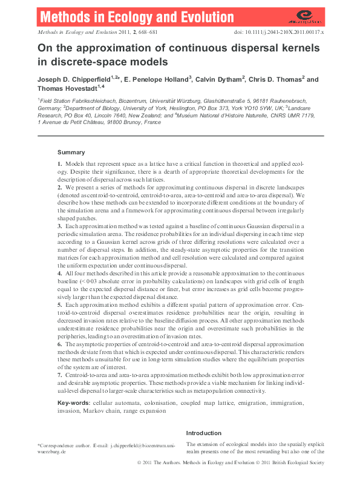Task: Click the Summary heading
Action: (71, 152)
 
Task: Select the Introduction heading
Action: (204, 433)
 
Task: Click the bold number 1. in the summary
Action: (59, 165)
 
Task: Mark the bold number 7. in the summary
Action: (59, 376)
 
